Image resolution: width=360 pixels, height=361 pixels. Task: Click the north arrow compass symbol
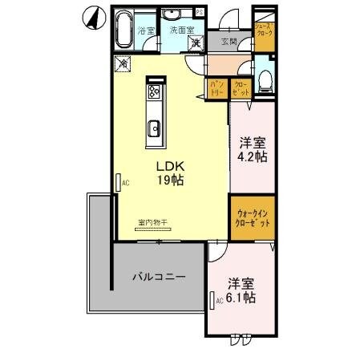(x=94, y=17)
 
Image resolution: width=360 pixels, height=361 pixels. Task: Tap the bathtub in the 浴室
(x=122, y=31)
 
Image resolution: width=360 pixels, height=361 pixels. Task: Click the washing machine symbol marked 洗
(x=194, y=43)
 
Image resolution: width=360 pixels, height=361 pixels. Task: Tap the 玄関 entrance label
(x=228, y=42)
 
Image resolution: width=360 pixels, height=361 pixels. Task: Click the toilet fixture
(x=266, y=78)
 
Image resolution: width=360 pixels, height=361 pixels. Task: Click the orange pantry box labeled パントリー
(x=216, y=88)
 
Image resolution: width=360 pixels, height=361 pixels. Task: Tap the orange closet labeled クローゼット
(x=241, y=88)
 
